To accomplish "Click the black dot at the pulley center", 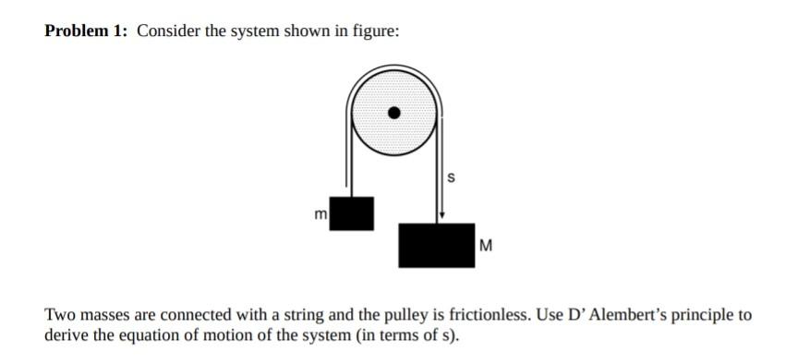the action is (394, 114).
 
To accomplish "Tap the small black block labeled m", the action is (352, 213).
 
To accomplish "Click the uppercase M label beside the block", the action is (487, 247).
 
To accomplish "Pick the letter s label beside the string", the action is (451, 177).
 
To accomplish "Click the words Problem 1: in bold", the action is (87, 31).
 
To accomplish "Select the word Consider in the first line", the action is (168, 31).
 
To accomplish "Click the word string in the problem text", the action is (261, 315).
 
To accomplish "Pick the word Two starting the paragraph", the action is (57, 315).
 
